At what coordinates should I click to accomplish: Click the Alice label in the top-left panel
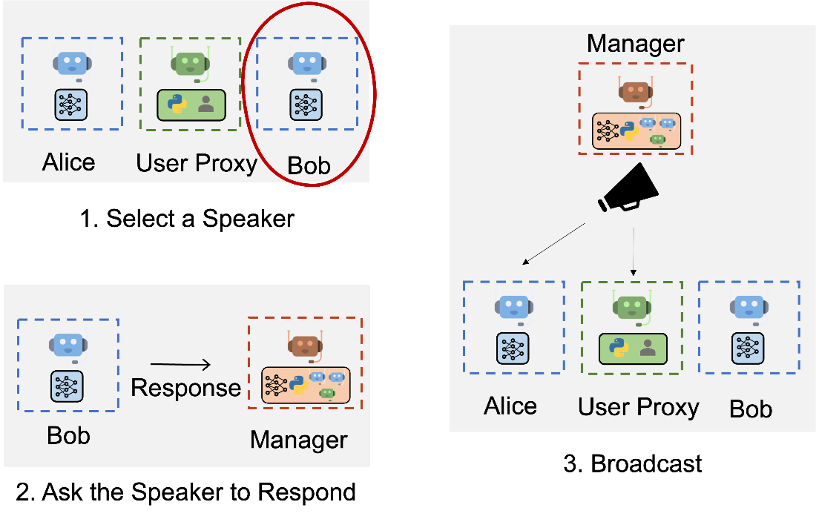68,162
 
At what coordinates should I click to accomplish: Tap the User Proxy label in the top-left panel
196,163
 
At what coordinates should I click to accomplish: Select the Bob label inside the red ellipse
309,165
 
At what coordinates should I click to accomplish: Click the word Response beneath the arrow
185,388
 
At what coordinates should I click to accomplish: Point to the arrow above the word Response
180,364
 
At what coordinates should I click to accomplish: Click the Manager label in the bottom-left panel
298,440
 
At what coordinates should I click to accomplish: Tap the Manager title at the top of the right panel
635,44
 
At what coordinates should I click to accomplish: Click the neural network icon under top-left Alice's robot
71,105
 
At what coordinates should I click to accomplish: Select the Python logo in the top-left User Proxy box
177,105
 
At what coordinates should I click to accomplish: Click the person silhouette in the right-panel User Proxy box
648,347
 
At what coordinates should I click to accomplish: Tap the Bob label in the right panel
751,409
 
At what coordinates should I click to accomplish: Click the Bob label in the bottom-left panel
68,435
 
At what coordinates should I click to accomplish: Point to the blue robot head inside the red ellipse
306,63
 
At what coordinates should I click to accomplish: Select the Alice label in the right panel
510,406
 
